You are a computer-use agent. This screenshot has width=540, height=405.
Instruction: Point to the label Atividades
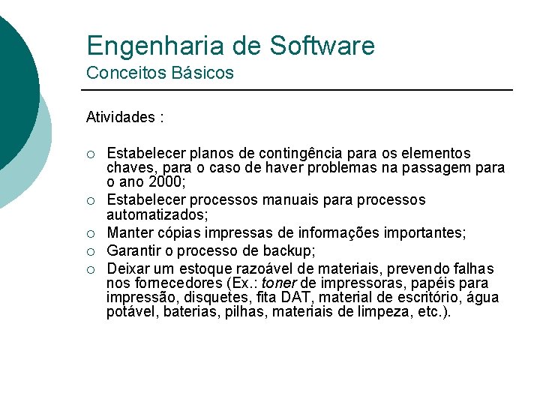click(x=121, y=117)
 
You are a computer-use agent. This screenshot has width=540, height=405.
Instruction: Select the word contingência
click(x=289, y=154)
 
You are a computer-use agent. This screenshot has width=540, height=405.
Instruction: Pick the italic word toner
click(x=278, y=283)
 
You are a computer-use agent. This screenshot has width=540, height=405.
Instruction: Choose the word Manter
click(x=128, y=235)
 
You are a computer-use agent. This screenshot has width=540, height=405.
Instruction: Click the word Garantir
click(x=132, y=250)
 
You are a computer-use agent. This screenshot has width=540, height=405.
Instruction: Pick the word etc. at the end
click(x=437, y=312)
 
